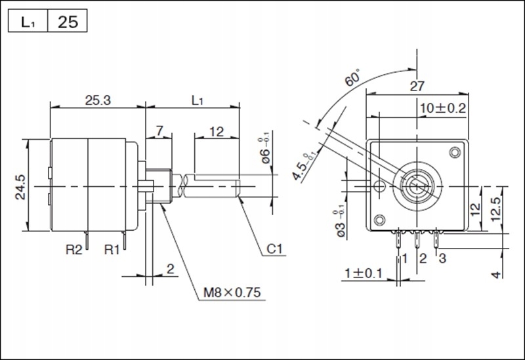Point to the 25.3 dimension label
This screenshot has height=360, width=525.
click(97, 100)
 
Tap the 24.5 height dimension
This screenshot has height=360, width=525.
click(20, 186)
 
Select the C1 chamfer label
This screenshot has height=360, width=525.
click(276, 250)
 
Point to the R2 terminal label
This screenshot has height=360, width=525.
click(75, 250)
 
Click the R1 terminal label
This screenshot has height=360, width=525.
click(113, 250)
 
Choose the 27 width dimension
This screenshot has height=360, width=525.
click(417, 86)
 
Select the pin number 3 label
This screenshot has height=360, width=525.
click(442, 258)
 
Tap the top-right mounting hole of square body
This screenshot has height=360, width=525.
click(454, 153)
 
